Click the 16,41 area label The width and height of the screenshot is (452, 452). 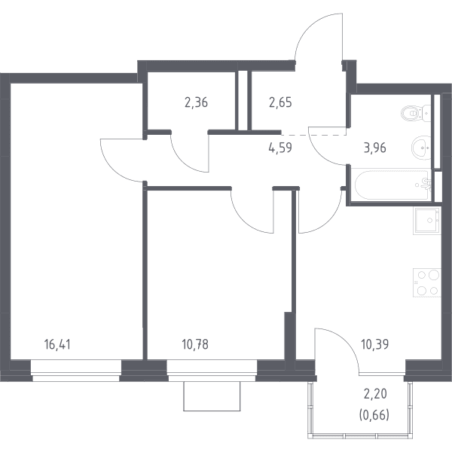coord(57,344)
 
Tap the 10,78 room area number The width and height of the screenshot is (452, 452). coord(195,344)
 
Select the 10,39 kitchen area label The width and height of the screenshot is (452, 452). coord(374,344)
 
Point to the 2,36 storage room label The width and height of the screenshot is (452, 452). coord(196,102)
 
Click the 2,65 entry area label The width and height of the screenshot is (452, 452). coord(280,102)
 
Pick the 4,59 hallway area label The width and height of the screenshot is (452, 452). coord(280,148)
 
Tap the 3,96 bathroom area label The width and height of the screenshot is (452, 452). coord(374,148)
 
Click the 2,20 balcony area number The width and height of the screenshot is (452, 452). coord(375,394)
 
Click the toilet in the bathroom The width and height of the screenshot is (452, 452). coord(415,113)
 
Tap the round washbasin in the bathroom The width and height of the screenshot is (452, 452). coord(421,148)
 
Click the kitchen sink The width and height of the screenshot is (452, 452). coord(426,220)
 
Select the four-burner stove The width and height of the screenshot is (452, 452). coord(427,282)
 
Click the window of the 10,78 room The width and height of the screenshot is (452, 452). coord(212,371)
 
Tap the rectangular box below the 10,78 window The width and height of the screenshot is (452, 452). coord(212,396)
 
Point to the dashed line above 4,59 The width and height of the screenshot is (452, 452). coord(314,135)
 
